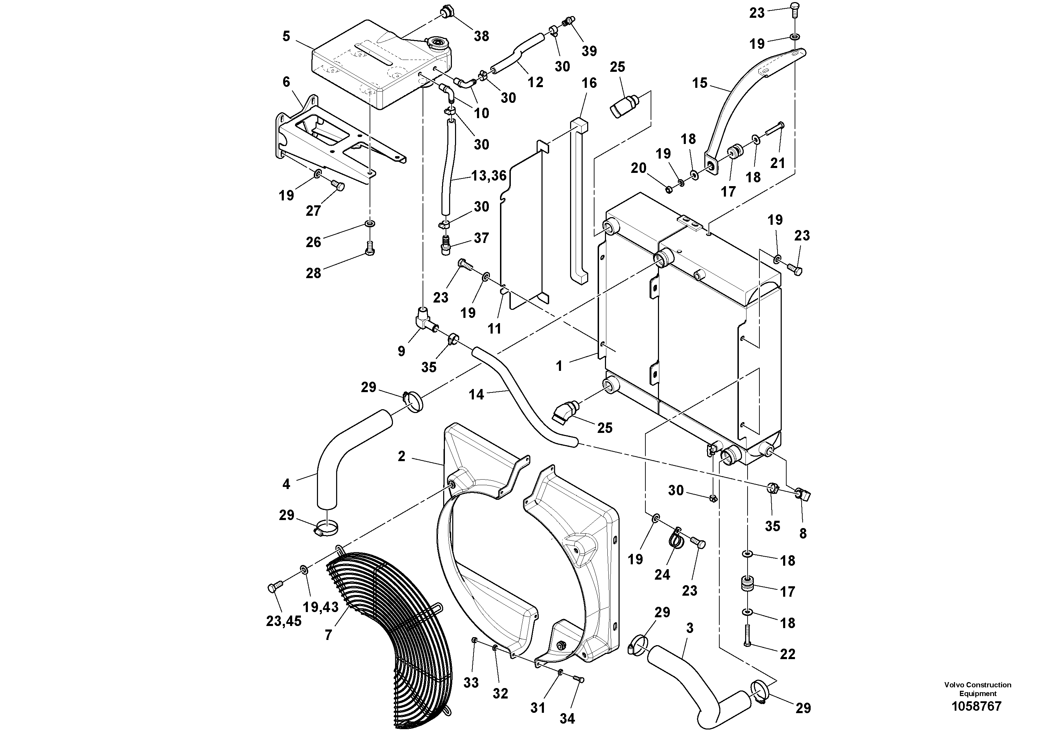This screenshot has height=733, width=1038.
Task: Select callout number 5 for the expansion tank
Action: [x=286, y=36]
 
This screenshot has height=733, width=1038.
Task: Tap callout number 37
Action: [x=482, y=238]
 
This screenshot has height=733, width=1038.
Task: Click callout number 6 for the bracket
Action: [x=286, y=82]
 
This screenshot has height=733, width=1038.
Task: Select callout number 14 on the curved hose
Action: [x=476, y=395]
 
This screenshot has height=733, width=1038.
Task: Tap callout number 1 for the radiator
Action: [x=559, y=366]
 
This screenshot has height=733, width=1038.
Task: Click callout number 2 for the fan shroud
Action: [x=401, y=457]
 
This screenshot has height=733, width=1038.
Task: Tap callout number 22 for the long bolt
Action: [x=788, y=654]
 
